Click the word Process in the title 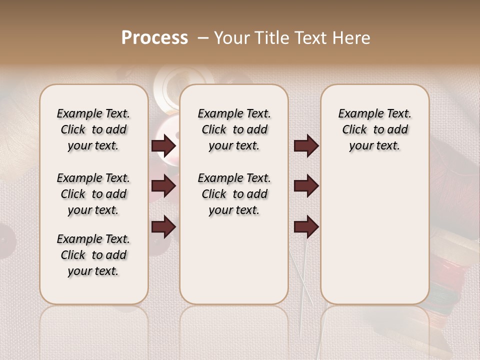click(154, 38)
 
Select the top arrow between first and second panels click(163, 146)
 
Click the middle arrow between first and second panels click(163, 186)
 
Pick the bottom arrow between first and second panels click(163, 226)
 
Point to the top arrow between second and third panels click(306, 146)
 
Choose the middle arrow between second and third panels click(306, 186)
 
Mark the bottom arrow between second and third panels click(306, 226)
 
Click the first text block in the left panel click(93, 129)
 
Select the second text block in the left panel click(93, 194)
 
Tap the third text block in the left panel click(93, 255)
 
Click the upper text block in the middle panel click(234, 129)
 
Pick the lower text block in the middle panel click(234, 194)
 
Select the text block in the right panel click(375, 129)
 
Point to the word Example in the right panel click(356, 114)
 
